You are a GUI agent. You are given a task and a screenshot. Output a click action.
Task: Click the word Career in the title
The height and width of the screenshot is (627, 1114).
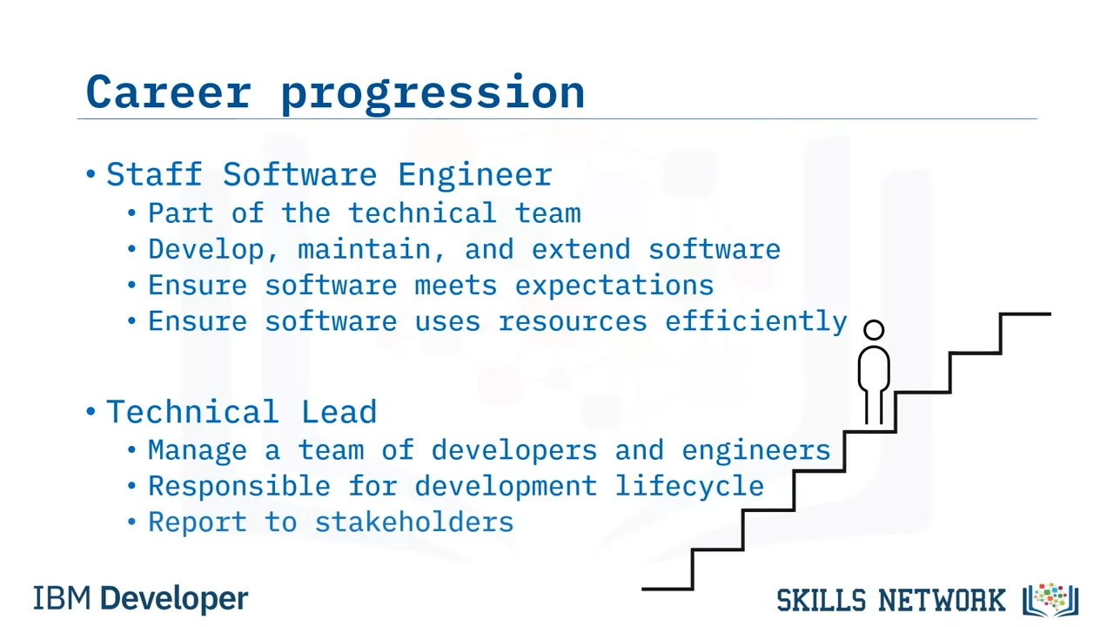click(x=169, y=91)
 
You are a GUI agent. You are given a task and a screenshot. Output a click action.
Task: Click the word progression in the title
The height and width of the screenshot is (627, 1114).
click(x=433, y=95)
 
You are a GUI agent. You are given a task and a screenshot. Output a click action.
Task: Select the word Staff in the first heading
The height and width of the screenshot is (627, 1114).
click(x=154, y=174)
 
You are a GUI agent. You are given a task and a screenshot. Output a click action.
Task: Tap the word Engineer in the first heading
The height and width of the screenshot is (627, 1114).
click(x=475, y=175)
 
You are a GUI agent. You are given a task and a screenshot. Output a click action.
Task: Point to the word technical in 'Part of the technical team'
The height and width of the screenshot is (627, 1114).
click(x=422, y=213)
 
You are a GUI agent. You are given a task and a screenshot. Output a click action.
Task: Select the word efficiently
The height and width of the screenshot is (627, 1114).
click(x=756, y=322)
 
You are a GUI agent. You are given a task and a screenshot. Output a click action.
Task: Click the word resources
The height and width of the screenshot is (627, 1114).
click(x=573, y=321)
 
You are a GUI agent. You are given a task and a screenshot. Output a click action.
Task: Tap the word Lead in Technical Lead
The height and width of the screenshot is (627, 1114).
click(x=339, y=412)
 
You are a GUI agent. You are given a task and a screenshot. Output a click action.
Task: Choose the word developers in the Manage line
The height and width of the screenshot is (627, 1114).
click(x=514, y=451)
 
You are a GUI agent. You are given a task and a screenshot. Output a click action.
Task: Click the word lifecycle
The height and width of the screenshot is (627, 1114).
click(x=689, y=487)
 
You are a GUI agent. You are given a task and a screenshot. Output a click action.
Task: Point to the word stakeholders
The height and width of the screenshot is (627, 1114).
click(x=414, y=522)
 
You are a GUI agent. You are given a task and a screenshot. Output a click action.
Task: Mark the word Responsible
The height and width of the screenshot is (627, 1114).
click(x=239, y=487)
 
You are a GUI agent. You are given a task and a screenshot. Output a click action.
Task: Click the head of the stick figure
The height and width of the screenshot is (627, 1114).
click(x=874, y=330)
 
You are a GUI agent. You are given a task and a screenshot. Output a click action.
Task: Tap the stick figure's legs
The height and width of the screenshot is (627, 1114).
click(x=874, y=407)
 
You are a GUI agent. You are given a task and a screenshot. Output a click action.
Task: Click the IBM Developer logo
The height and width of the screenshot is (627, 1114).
click(x=141, y=599)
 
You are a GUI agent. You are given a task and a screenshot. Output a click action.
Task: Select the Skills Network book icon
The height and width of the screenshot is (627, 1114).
click(x=1050, y=600)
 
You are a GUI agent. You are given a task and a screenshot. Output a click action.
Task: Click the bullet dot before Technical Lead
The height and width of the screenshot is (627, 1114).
click(x=91, y=412)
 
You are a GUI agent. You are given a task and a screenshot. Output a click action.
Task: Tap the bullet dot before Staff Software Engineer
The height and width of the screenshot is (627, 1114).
click(x=91, y=174)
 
